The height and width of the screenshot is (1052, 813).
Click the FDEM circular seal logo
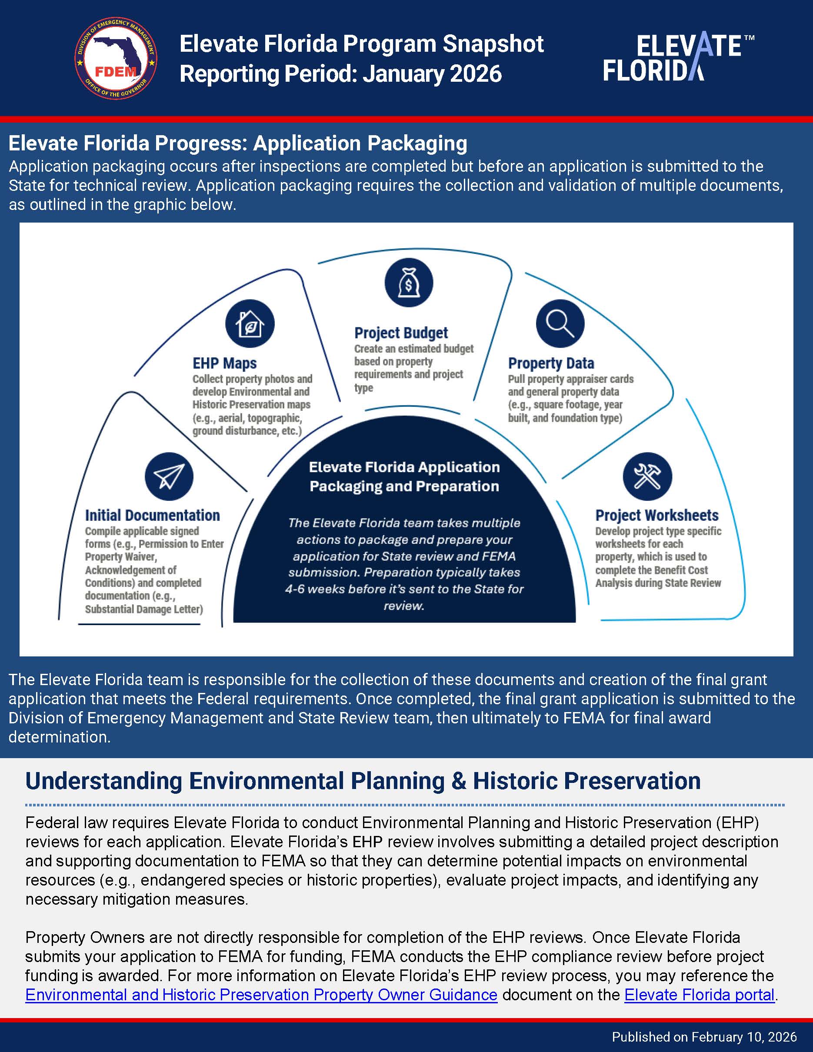[116, 59]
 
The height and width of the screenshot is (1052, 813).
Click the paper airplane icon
[169, 476]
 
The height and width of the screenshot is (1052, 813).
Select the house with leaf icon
[250, 324]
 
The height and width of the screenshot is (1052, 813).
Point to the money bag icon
[408, 283]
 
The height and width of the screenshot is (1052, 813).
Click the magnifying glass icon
[560, 324]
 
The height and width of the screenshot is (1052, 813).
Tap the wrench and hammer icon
[647, 476]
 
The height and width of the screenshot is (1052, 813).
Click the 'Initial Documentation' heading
[152, 516]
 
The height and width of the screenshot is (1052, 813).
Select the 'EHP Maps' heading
[224, 363]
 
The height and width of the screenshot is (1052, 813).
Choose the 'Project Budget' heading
[401, 333]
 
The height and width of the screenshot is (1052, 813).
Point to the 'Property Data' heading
[551, 363]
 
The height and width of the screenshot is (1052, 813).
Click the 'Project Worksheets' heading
[656, 516]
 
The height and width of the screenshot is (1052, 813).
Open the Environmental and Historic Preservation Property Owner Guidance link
[261, 995]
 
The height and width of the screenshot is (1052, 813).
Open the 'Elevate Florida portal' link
[699, 995]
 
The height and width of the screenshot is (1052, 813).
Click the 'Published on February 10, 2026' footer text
[704, 1037]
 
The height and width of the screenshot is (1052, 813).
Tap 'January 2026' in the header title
[432, 74]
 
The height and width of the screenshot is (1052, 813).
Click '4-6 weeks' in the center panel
[309, 589]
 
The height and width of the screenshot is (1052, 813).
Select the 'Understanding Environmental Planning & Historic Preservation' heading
[363, 781]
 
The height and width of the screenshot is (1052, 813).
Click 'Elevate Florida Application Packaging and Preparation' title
[404, 476]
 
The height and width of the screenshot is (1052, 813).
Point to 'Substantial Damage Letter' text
[143, 609]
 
